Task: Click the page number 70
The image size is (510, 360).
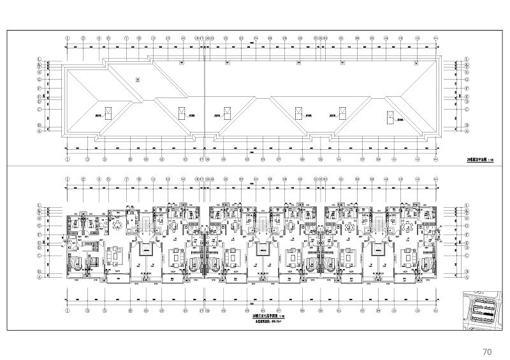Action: (x=487, y=351)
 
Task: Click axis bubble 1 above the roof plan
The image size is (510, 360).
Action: (x=67, y=38)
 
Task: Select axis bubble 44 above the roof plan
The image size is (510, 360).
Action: (x=436, y=38)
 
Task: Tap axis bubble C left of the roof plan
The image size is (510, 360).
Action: (x=40, y=109)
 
